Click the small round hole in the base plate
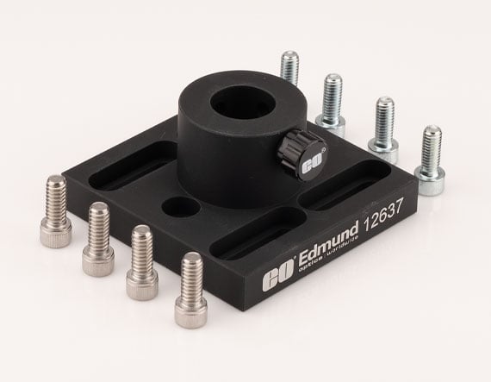[x=180, y=207]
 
